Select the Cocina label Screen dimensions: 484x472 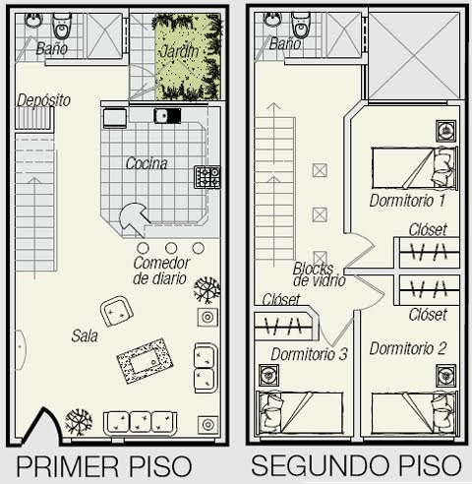(x=147, y=163)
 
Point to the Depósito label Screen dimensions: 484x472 (x=44, y=99)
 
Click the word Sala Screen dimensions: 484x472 (x=85, y=335)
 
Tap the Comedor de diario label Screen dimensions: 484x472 (x=161, y=271)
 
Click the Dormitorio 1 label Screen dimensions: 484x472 (x=407, y=201)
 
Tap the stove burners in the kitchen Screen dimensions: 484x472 (x=207, y=177)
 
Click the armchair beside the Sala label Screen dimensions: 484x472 (x=118, y=314)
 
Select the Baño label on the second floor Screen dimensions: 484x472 (x=284, y=45)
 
